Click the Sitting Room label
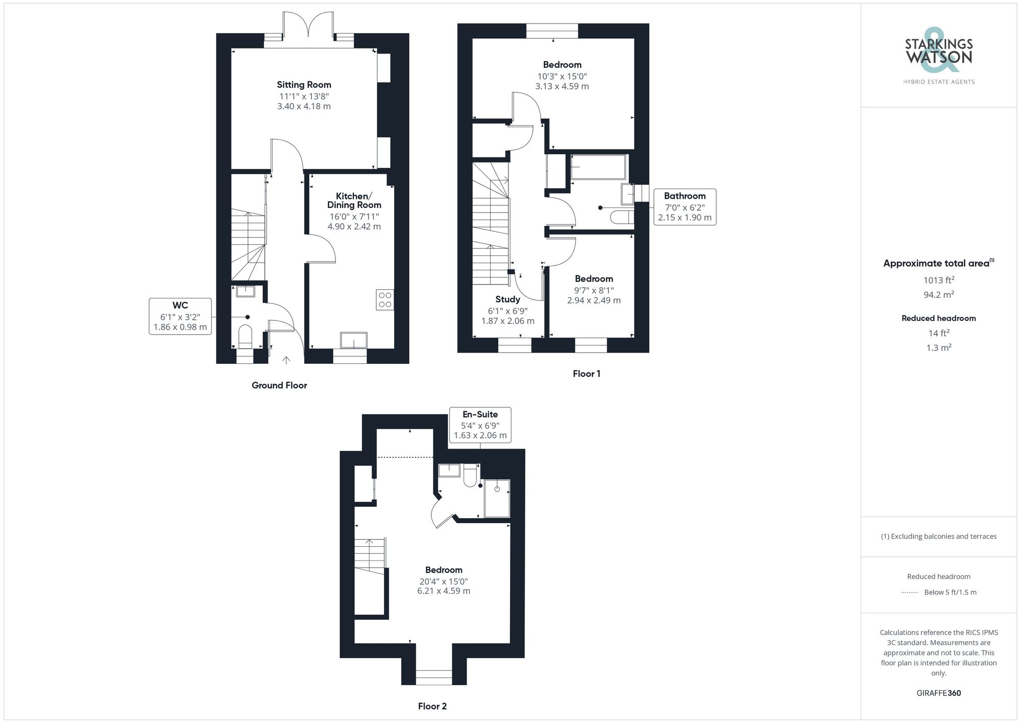tap(304, 85)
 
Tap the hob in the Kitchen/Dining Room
tap(385, 299)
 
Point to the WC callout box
tap(180, 316)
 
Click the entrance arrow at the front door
tap(286, 360)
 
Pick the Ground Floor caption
tap(279, 385)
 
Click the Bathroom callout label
tap(685, 196)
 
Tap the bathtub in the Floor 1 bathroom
tap(598, 167)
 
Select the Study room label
tap(507, 299)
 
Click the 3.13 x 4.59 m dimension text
tap(562, 86)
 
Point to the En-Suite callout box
tap(480, 425)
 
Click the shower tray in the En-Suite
tap(497, 498)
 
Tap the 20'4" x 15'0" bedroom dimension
tap(444, 581)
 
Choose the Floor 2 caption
tap(432, 706)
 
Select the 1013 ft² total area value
tap(939, 280)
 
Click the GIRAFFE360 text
tap(939, 693)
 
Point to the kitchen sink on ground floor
tap(354, 340)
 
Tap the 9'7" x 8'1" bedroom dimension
tap(594, 290)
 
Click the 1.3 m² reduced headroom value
tap(939, 347)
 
